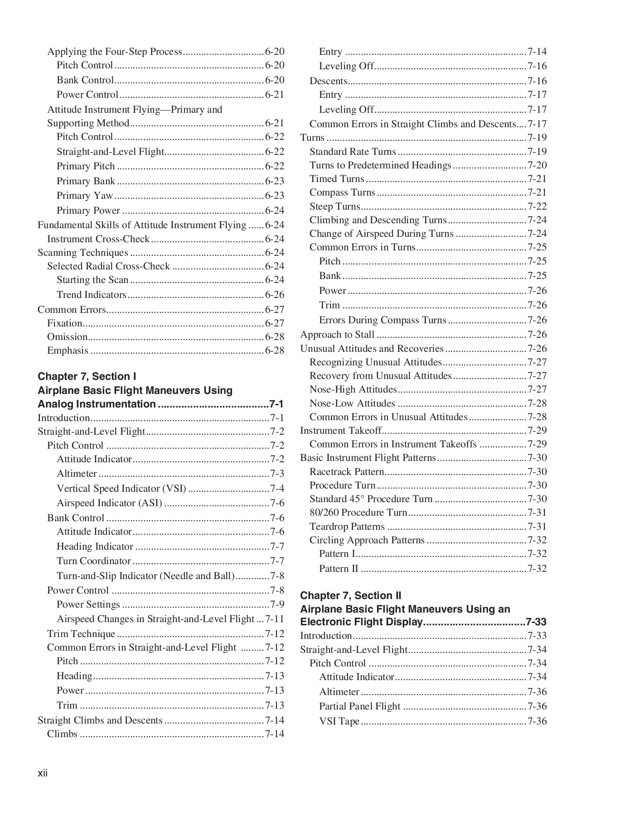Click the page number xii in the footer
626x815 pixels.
tap(43, 773)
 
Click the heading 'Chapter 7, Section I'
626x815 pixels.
tap(87, 376)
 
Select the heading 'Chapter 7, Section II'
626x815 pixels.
tap(350, 595)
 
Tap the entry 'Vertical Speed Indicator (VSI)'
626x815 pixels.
tap(121, 488)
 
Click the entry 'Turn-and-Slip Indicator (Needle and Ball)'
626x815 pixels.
tap(146, 575)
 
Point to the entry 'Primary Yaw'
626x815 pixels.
tap(84, 195)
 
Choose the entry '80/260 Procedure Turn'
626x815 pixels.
tap(358, 512)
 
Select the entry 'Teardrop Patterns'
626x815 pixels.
tap(347, 526)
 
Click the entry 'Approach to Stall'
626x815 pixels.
tap(337, 334)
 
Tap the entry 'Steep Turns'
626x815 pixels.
tap(335, 206)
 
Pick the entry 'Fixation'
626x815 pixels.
tap(64, 323)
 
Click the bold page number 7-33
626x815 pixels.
tap(536, 622)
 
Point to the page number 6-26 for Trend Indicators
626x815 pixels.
tap(274, 294)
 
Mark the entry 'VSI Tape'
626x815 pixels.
tap(339, 721)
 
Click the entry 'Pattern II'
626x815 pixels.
tap(338, 568)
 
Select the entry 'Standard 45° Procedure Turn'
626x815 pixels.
tap(371, 499)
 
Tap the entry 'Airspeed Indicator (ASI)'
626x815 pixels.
tap(109, 503)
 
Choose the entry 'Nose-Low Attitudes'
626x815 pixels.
tap(352, 403)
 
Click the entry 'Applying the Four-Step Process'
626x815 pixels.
tap(114, 51)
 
